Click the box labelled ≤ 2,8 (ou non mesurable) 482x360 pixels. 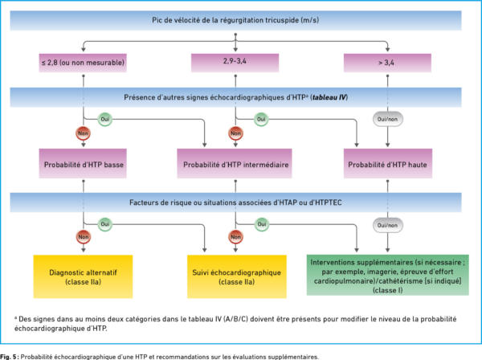point(83,63)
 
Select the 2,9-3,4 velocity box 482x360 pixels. point(235,63)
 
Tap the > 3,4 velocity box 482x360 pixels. point(387,63)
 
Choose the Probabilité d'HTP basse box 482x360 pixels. point(83,163)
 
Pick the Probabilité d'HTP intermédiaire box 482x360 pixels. point(235,163)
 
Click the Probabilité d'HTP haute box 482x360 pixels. point(388,163)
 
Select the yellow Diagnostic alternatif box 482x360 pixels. point(83,276)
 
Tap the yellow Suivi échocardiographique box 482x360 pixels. point(237,276)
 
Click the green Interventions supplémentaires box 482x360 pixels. point(388,275)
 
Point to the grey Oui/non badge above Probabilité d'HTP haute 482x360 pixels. point(388,119)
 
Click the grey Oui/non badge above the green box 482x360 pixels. point(388,225)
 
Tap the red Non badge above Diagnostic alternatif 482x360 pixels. point(83,237)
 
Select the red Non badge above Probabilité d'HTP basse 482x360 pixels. point(83,133)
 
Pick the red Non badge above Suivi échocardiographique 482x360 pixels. point(235,237)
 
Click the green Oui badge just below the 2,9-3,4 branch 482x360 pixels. point(261,119)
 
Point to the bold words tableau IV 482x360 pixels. point(329,97)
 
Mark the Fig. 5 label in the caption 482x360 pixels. point(9,357)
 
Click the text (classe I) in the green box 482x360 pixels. point(388,290)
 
